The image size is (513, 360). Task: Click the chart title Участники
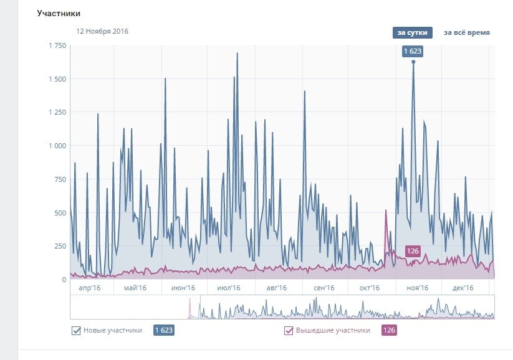59,13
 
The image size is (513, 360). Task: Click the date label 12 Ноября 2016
102,31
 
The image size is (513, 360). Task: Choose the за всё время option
466,32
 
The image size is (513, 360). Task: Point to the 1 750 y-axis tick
57,45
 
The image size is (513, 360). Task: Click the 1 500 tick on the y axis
57,79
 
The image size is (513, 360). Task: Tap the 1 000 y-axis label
57,146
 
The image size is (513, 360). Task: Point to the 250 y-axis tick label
60,246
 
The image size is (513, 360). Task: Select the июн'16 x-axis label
183,288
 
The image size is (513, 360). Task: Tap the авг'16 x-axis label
276,288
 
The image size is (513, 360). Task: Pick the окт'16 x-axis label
370,288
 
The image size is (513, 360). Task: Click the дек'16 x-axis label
463,288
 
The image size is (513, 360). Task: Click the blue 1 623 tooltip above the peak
413,51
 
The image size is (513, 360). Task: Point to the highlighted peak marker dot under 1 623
413,62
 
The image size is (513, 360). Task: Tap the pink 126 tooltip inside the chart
412,251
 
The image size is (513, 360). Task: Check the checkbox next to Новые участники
76,331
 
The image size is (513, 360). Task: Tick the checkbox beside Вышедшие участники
289,331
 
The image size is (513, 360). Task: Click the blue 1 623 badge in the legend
163,330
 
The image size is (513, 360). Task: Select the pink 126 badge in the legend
389,330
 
